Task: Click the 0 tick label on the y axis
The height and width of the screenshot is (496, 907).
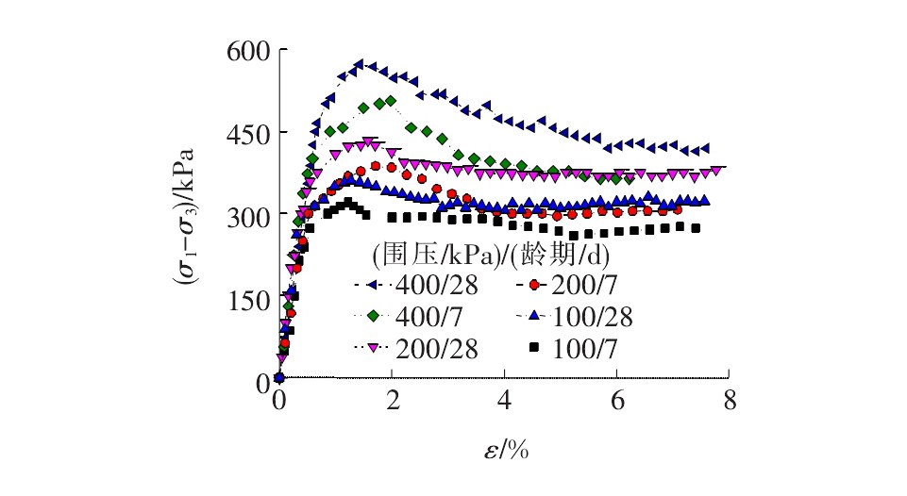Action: [x=260, y=382]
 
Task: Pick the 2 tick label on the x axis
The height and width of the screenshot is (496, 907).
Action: [x=392, y=400]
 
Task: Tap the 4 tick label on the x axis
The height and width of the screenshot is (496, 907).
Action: [x=504, y=400]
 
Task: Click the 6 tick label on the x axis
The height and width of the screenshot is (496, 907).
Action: [x=616, y=400]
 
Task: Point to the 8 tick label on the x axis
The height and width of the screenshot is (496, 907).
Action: [x=729, y=400]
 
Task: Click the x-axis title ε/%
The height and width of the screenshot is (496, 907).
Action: [x=503, y=449]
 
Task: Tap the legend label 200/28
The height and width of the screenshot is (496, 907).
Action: [x=445, y=348]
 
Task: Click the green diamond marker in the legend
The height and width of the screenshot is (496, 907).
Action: [x=372, y=317]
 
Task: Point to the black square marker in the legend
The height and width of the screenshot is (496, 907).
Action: [x=534, y=348]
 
